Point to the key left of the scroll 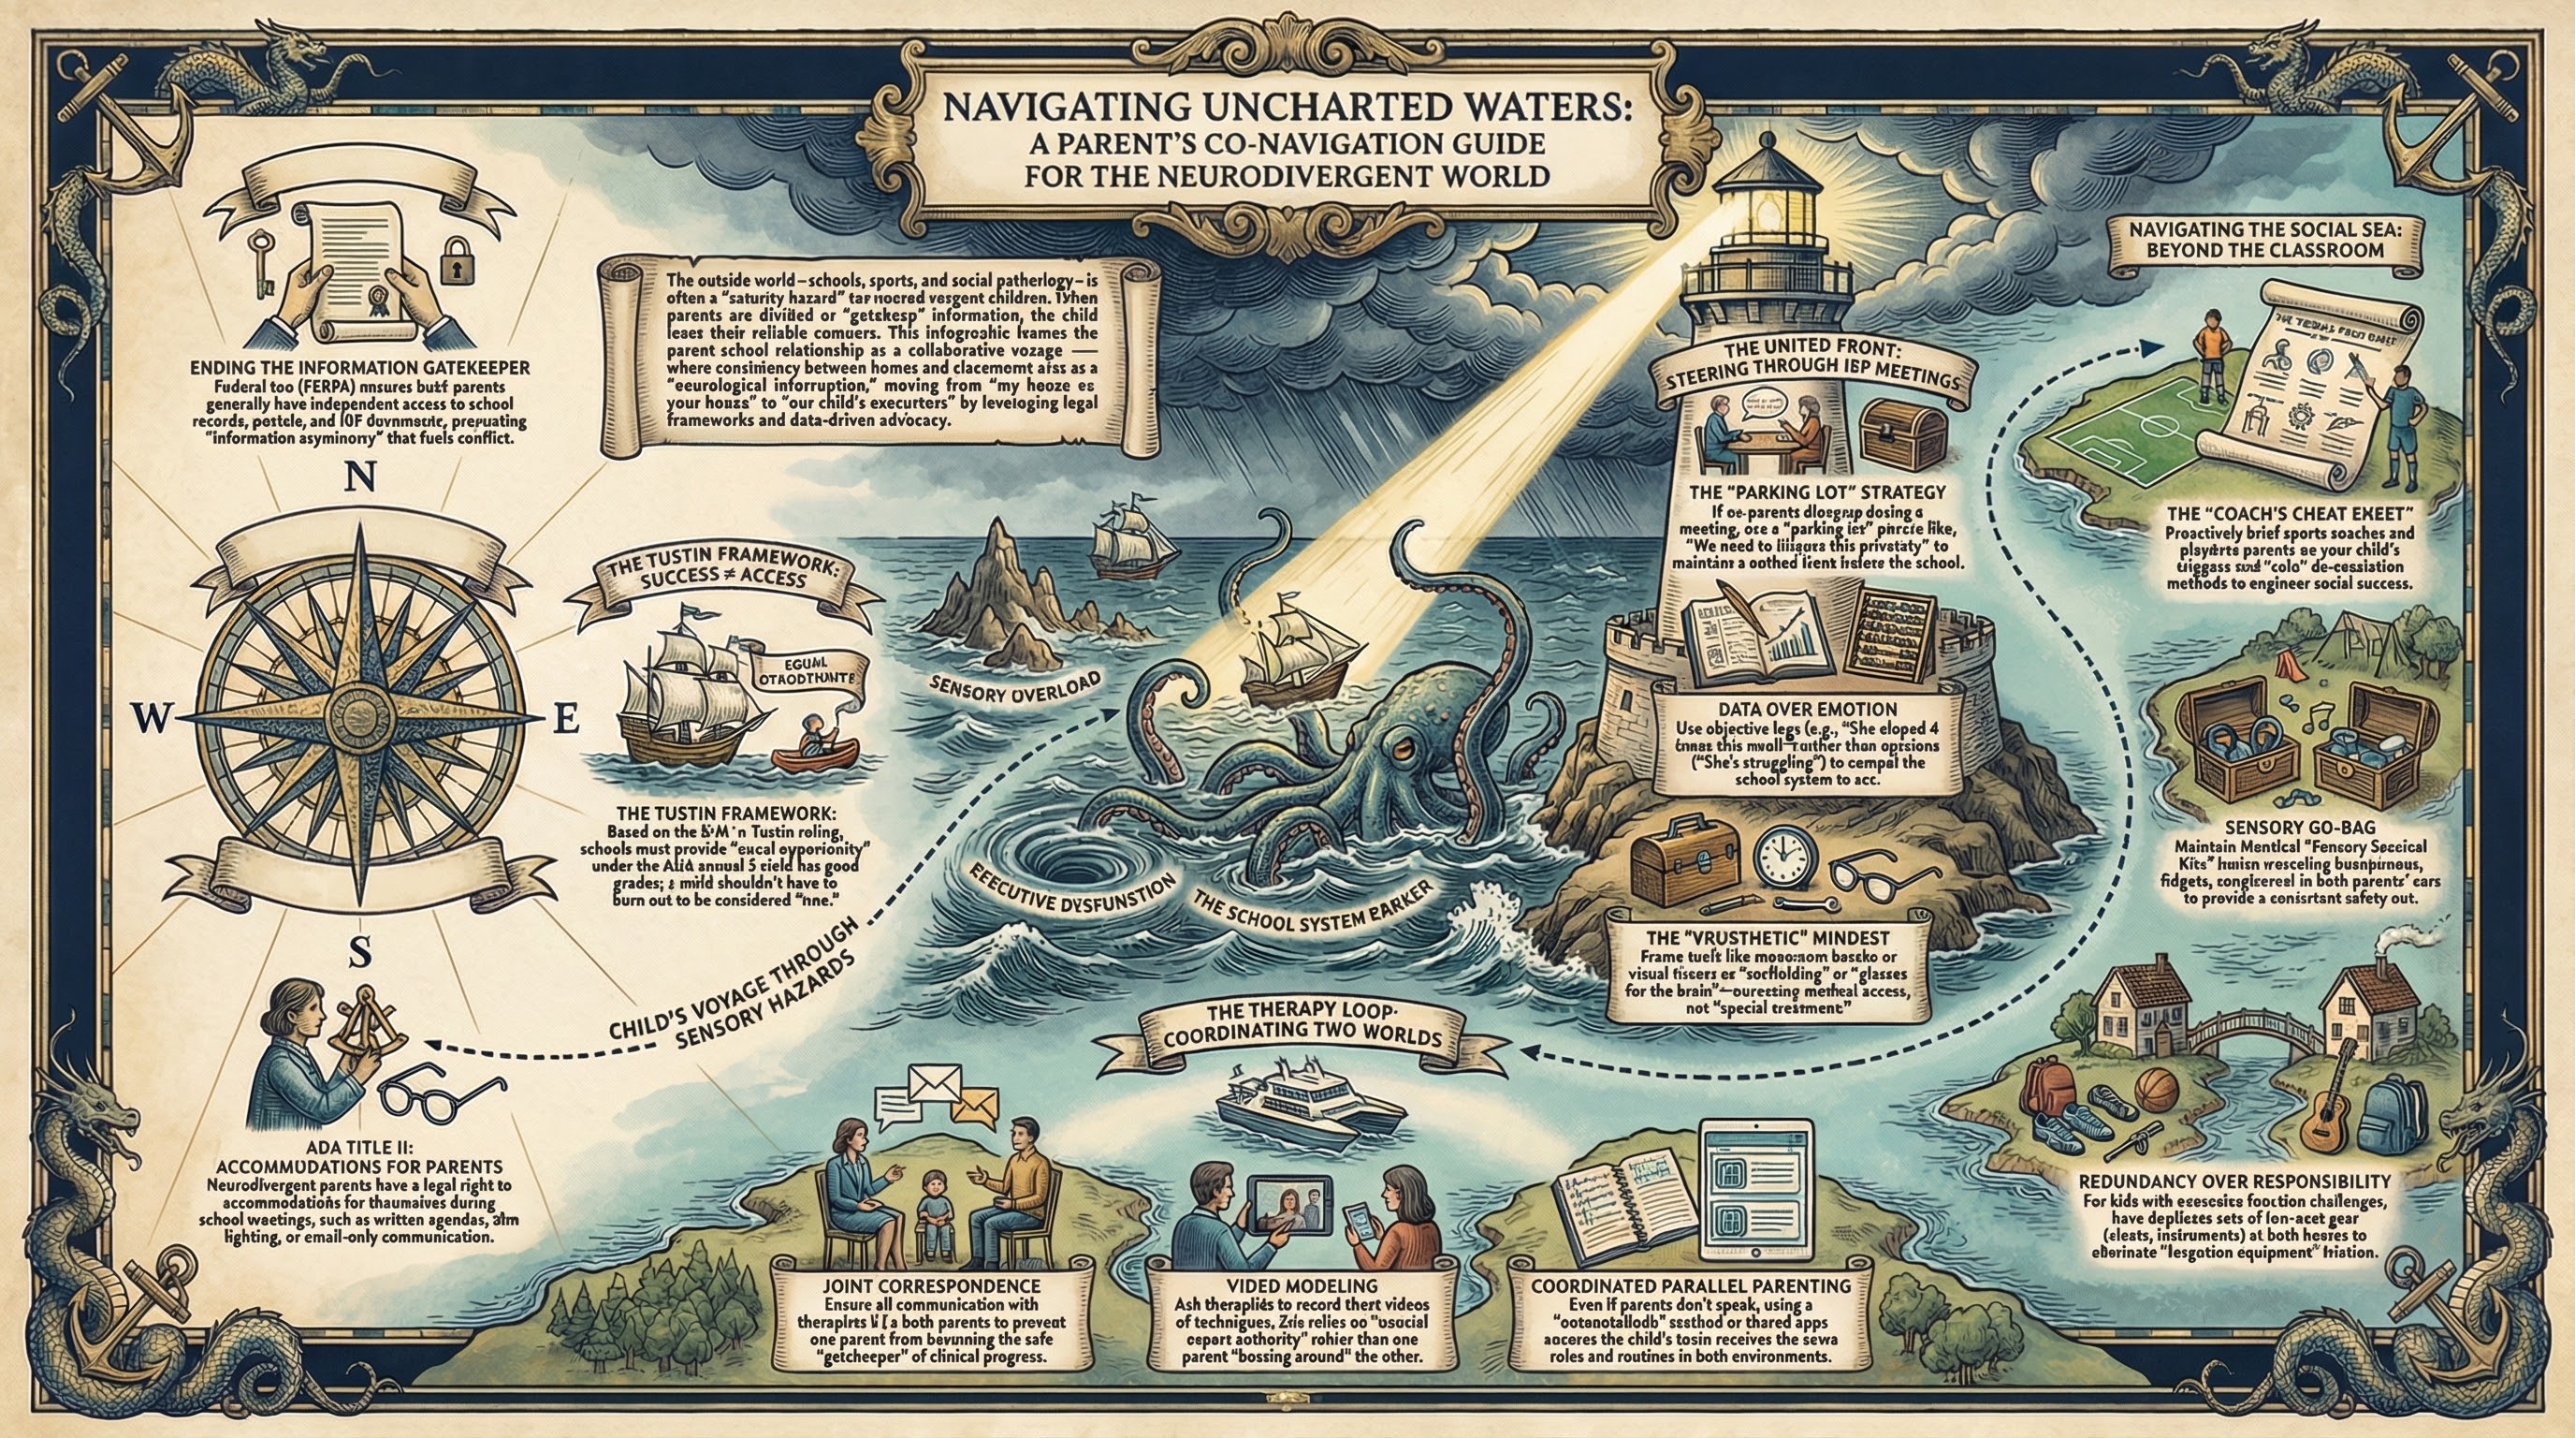tap(265, 262)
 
